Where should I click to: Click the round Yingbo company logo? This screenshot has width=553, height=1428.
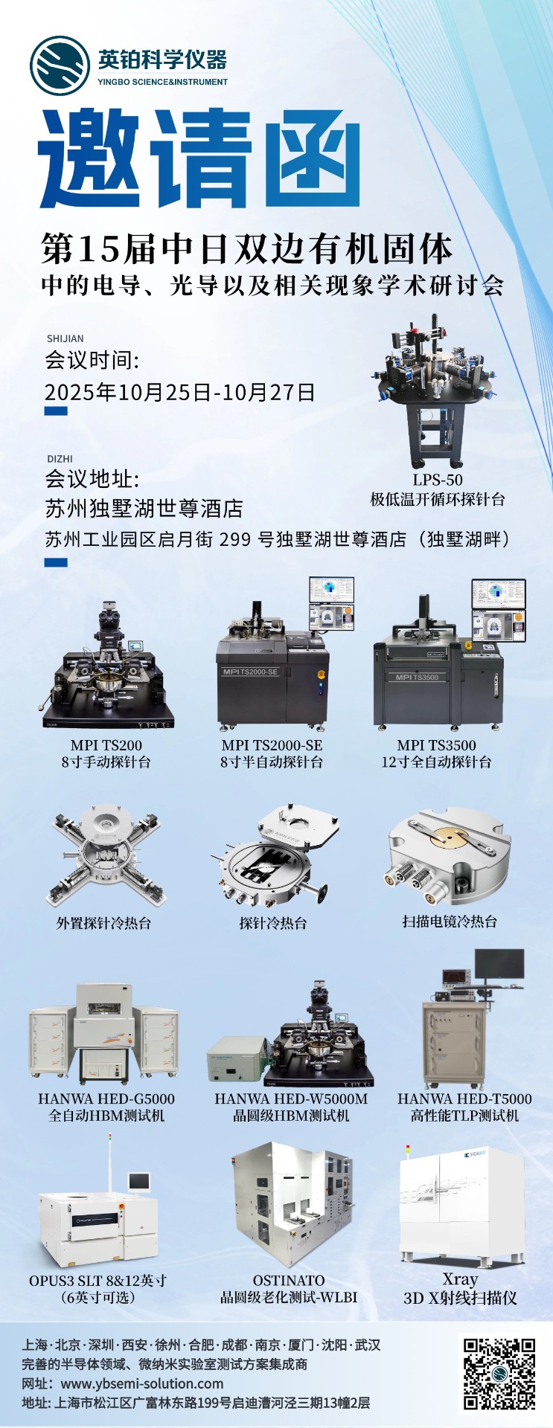click(x=60, y=65)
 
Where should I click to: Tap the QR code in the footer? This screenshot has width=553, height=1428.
click(x=499, y=1374)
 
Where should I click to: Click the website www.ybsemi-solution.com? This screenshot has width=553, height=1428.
click(x=142, y=1383)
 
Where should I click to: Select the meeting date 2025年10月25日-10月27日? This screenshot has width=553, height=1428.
click(x=179, y=392)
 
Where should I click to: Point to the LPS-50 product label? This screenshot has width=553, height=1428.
click(x=438, y=480)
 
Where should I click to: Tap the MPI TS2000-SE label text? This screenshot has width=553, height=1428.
click(x=272, y=744)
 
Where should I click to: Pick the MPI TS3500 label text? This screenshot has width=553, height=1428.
click(x=436, y=744)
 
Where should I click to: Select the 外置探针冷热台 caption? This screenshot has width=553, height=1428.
click(x=104, y=923)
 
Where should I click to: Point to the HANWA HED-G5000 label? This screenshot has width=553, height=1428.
click(x=106, y=1099)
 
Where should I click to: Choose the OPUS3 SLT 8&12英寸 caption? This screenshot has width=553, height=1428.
click(x=98, y=1281)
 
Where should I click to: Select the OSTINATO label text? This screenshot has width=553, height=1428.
click(x=289, y=1280)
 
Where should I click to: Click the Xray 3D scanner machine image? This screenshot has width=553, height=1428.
click(x=462, y=1203)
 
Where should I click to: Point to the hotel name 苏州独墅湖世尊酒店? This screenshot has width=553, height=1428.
click(x=144, y=509)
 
